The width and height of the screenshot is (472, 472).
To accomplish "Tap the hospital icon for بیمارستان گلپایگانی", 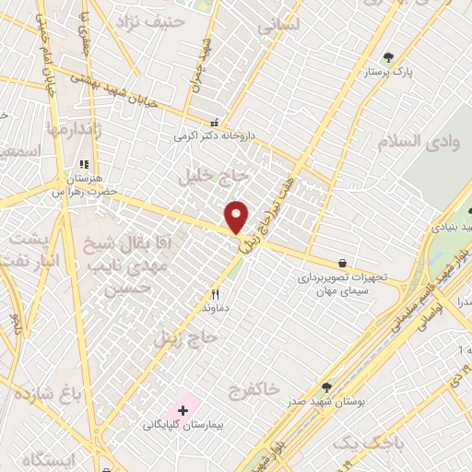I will click(x=183, y=408).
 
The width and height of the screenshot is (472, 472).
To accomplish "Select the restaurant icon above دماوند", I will click(x=215, y=295).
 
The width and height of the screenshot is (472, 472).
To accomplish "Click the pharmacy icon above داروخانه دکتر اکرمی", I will click(x=215, y=122).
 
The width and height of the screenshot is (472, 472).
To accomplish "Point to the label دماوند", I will click(x=213, y=311).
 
